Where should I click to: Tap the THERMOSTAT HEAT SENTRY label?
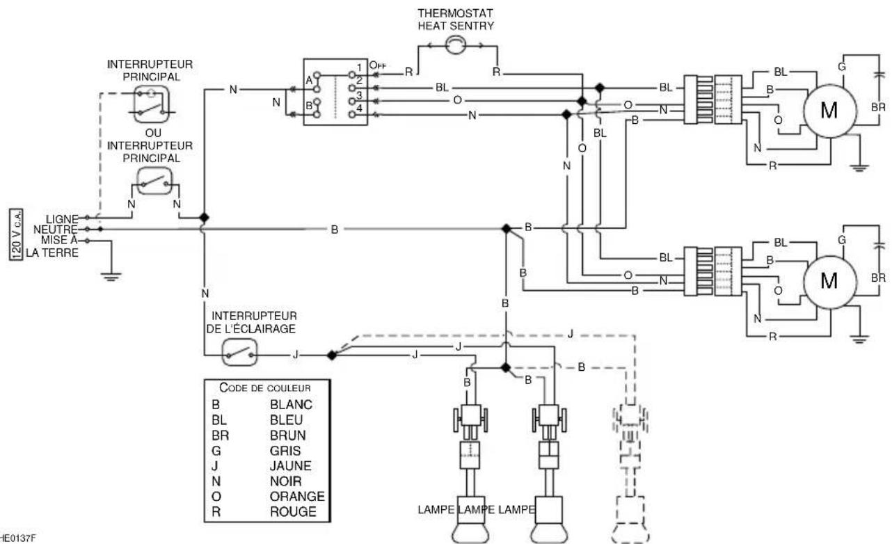tap(455, 19)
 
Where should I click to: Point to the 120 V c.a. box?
tap(16, 234)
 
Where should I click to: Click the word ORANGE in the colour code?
tap(297, 496)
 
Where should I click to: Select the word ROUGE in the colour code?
tap(293, 511)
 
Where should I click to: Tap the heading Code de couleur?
tap(265, 387)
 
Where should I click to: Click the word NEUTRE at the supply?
tap(56, 230)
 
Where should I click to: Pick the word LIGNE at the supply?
tap(62, 219)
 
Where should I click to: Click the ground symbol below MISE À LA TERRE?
tap(111, 276)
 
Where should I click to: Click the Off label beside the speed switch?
tap(378, 65)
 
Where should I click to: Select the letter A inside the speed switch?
tap(309, 81)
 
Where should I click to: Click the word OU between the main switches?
tap(153, 133)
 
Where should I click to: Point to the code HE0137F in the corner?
tap(17, 538)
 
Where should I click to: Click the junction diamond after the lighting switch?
tap(331, 355)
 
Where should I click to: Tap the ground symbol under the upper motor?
tap(859, 167)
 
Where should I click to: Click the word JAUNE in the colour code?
tap(290, 465)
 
